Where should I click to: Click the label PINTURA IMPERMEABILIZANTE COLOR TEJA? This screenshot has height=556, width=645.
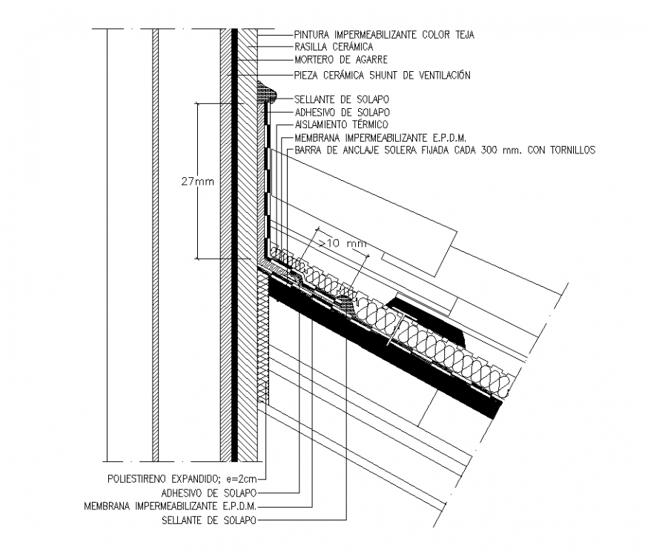click(383, 34)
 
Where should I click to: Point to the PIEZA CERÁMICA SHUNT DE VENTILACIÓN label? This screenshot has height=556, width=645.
click(382, 75)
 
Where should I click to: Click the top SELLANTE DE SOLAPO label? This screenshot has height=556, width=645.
click(342, 99)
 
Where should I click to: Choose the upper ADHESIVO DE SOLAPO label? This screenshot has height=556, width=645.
click(342, 112)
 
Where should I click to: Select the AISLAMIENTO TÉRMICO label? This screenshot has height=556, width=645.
click(341, 125)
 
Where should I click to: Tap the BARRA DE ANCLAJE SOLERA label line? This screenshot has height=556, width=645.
click(445, 150)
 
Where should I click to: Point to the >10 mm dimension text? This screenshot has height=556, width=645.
click(342, 242)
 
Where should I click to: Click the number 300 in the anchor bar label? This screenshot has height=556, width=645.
click(493, 150)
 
